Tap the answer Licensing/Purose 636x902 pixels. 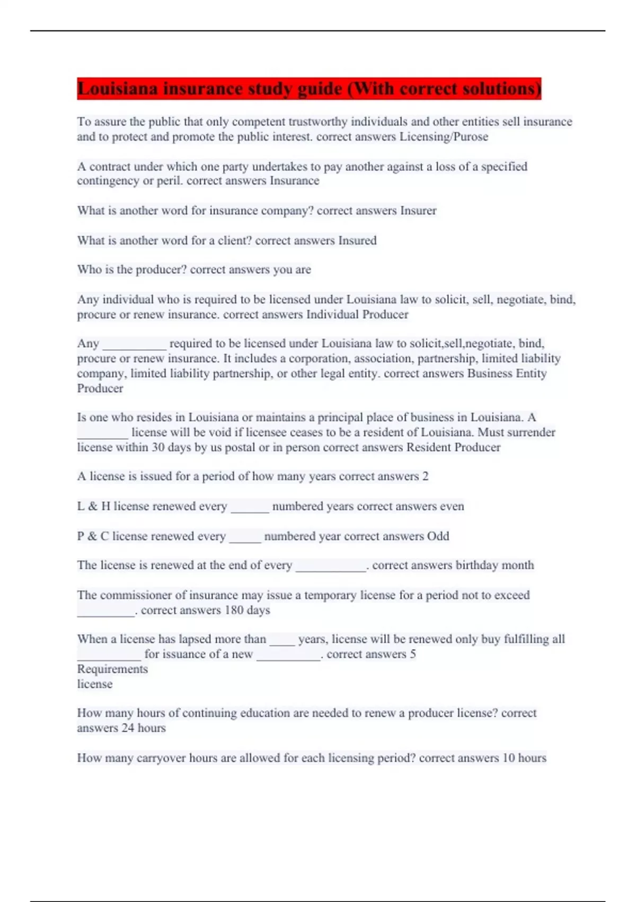pyautogui.click(x=444, y=137)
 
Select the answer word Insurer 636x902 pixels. pyautogui.click(x=418, y=211)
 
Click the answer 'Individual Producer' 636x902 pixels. pyautogui.click(x=357, y=315)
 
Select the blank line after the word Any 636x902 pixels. pyautogui.click(x=134, y=345)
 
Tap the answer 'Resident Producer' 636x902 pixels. pyautogui.click(x=453, y=447)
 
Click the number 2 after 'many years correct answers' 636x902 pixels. pyautogui.click(x=425, y=476)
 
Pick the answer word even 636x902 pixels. pyautogui.click(x=452, y=506)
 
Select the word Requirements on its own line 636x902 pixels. pyautogui.click(x=112, y=669)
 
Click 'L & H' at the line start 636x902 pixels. pyautogui.click(x=93, y=506)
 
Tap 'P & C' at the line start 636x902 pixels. pyautogui.click(x=93, y=536)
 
